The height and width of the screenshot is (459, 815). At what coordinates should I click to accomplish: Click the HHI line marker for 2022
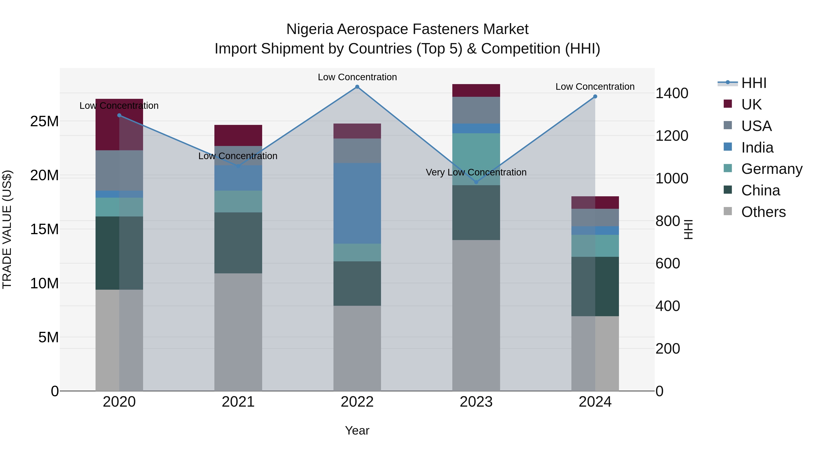357,87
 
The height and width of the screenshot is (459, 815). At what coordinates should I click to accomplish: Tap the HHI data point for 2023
476,182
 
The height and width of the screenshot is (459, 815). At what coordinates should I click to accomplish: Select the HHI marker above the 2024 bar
595,97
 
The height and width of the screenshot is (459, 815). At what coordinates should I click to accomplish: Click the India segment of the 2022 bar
357,203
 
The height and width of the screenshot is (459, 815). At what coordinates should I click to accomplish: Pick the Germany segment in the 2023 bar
476,159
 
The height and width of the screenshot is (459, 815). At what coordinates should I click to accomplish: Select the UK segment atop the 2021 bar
238,135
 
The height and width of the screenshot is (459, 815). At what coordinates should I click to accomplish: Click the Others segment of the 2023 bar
476,315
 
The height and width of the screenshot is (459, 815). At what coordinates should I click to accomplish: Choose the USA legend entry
756,126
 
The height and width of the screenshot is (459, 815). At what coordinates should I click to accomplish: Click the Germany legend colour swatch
728,168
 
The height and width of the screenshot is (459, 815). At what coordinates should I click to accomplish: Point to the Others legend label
763,212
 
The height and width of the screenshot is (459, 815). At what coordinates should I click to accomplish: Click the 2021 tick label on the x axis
238,402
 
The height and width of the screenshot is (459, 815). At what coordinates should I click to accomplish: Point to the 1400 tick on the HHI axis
672,93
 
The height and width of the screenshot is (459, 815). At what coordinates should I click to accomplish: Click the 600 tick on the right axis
668,264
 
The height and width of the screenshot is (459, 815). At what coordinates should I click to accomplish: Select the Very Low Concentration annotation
476,172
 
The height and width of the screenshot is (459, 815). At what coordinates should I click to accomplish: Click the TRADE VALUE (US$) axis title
7,229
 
